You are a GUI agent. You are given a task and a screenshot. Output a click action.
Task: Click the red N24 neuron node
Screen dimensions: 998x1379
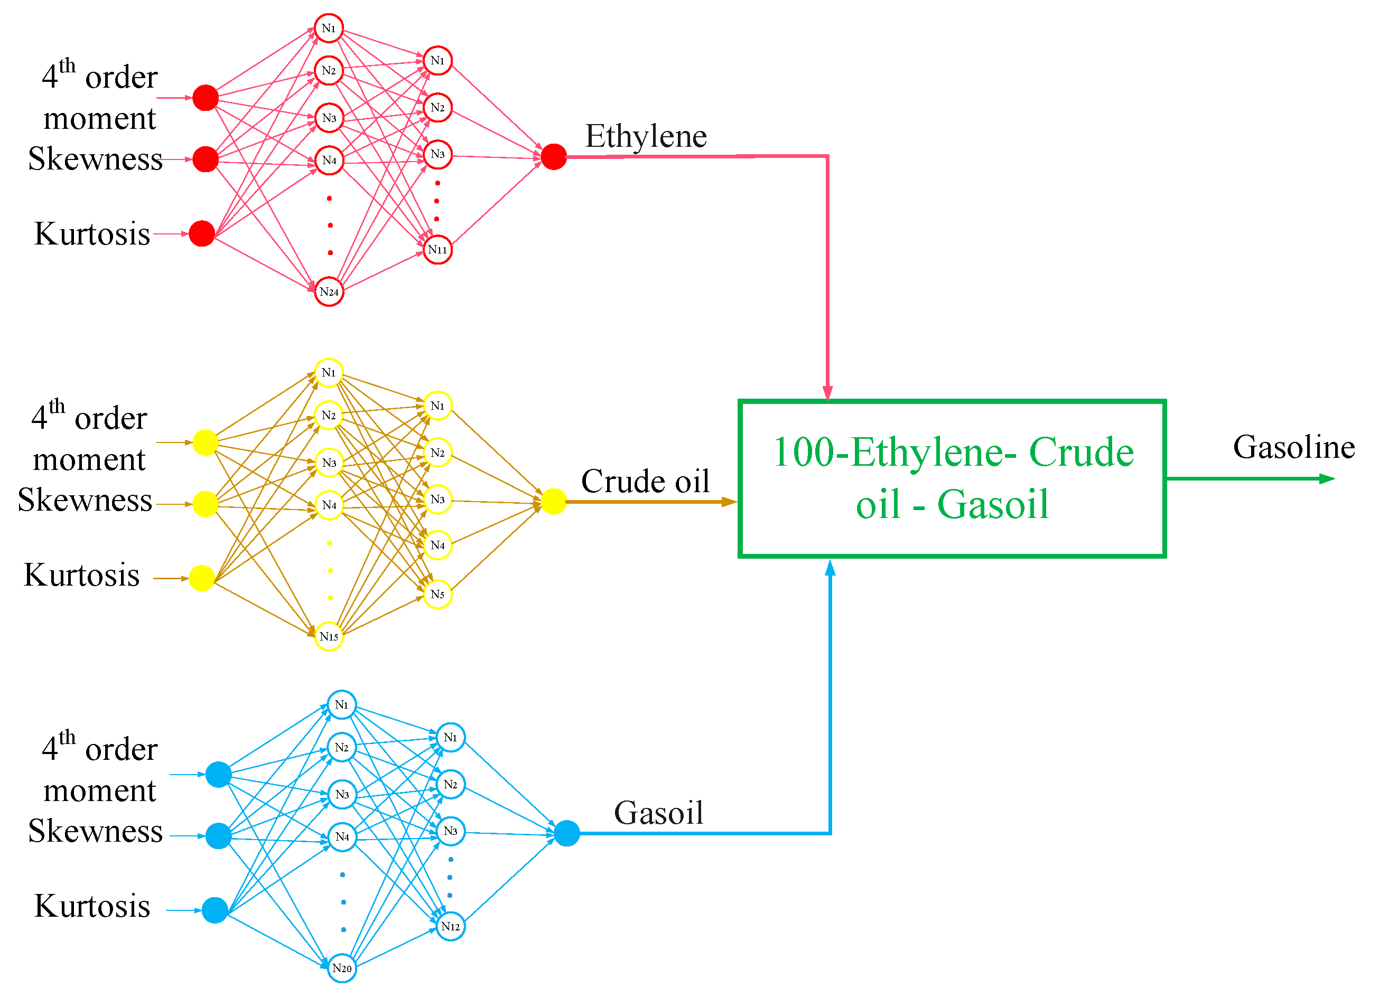click(329, 291)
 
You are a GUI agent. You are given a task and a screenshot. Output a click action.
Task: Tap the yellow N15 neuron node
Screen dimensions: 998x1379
click(329, 636)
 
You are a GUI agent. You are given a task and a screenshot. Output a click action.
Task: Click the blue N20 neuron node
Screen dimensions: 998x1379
click(342, 968)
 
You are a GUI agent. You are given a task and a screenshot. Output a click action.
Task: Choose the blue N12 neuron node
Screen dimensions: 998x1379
click(450, 926)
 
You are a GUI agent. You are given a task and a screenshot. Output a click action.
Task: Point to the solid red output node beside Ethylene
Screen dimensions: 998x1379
click(553, 157)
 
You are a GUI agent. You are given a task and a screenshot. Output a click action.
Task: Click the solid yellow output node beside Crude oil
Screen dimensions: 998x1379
click(553, 502)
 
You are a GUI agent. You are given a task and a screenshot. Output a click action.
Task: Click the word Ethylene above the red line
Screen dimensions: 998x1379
click(646, 136)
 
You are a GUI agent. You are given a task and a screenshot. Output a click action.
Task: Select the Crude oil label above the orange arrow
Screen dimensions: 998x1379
click(645, 482)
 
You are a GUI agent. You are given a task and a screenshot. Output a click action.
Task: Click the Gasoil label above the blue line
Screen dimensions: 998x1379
click(658, 813)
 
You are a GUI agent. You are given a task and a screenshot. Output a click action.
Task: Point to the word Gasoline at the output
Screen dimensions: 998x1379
click(1294, 447)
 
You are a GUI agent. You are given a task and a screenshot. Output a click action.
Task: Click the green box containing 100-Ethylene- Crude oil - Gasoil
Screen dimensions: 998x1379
click(952, 478)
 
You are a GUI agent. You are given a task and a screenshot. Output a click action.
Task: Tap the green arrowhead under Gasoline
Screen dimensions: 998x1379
click(1327, 479)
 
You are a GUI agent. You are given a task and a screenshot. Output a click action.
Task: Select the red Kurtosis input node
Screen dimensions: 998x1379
click(202, 233)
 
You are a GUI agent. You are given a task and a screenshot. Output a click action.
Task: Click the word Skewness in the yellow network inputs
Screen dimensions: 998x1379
click(85, 500)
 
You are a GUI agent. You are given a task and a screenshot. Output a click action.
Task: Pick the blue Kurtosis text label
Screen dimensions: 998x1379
click(92, 906)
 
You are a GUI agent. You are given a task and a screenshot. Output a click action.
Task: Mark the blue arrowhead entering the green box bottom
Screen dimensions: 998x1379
click(830, 568)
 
